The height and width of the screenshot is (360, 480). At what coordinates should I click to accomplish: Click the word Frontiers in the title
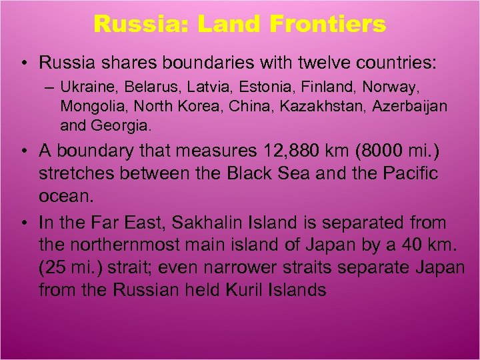(x=328, y=24)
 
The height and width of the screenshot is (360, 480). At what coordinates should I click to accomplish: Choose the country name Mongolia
(x=89, y=106)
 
